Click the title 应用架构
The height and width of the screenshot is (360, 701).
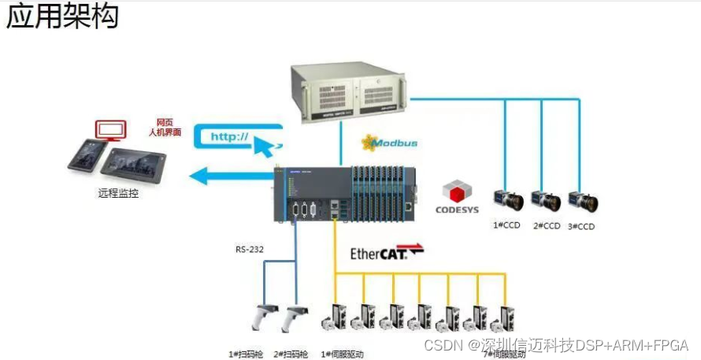62,17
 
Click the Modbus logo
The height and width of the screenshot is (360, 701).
389,143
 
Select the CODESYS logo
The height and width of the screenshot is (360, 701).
457,198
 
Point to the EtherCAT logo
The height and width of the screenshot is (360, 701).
387,253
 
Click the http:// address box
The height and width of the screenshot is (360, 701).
229,136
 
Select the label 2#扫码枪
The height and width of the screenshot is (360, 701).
291,354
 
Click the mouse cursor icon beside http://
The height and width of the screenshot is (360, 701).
265,144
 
